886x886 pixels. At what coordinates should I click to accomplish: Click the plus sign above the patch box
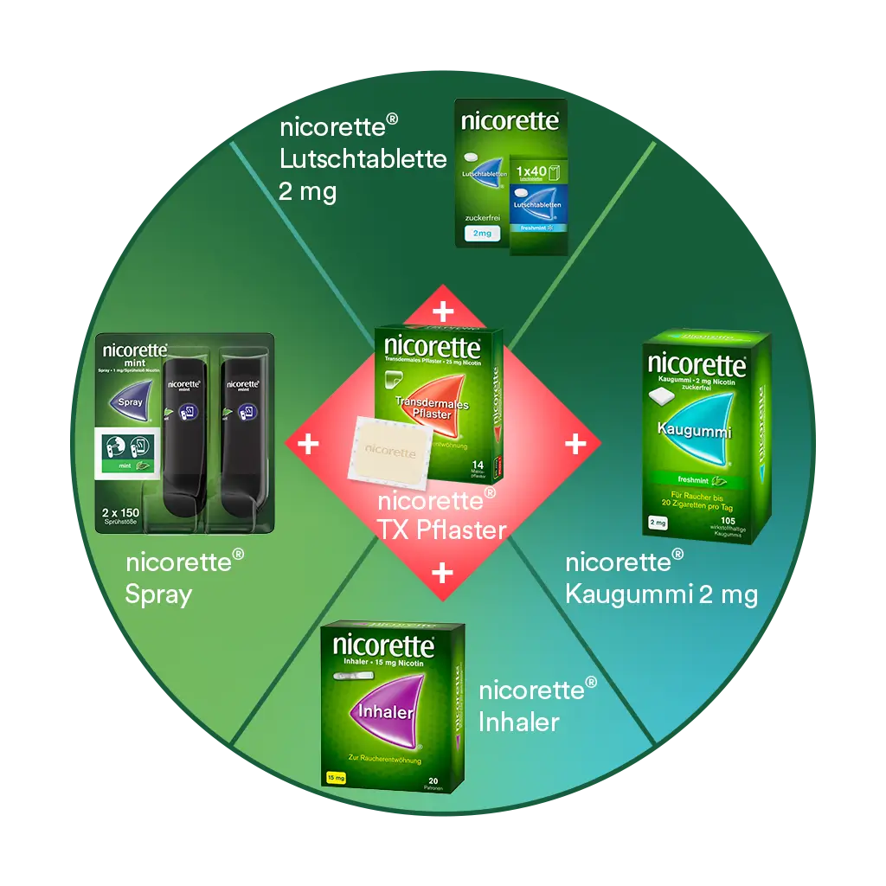click(x=442, y=311)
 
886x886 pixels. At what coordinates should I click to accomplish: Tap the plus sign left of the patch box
click(x=308, y=444)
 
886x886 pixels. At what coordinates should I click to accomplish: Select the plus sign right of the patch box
click(x=575, y=444)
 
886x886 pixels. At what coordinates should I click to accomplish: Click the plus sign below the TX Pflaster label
click(x=442, y=572)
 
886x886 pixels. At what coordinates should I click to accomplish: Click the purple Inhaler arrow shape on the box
click(x=384, y=711)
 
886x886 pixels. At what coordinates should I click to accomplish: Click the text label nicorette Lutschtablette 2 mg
click(x=363, y=159)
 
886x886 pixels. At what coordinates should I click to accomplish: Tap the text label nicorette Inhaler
click(x=537, y=705)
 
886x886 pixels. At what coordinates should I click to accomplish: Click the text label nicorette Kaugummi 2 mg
click(x=661, y=577)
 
